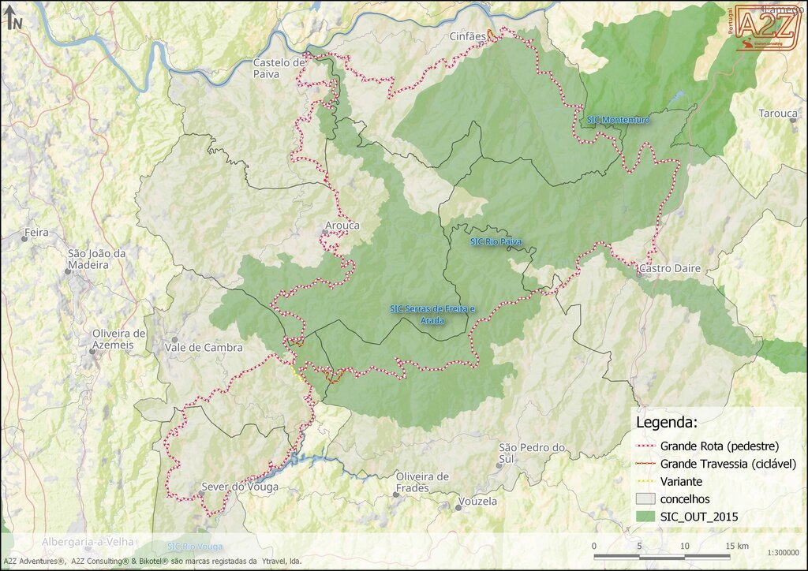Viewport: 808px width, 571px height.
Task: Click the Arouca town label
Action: (342, 226)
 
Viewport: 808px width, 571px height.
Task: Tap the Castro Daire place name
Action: (670, 269)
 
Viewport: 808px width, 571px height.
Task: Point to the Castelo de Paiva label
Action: (279, 68)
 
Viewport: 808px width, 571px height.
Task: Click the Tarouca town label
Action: (778, 114)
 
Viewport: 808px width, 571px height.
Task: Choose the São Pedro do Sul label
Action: (533, 453)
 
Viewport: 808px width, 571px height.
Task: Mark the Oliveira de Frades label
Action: (422, 482)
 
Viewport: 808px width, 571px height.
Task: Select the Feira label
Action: (37, 233)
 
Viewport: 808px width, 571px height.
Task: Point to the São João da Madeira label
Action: (97, 259)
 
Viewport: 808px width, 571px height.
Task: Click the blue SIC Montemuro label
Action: (618, 120)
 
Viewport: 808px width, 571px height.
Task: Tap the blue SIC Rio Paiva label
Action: (496, 241)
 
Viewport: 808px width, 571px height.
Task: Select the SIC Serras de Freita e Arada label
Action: (433, 313)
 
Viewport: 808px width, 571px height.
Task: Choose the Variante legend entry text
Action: (681, 481)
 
